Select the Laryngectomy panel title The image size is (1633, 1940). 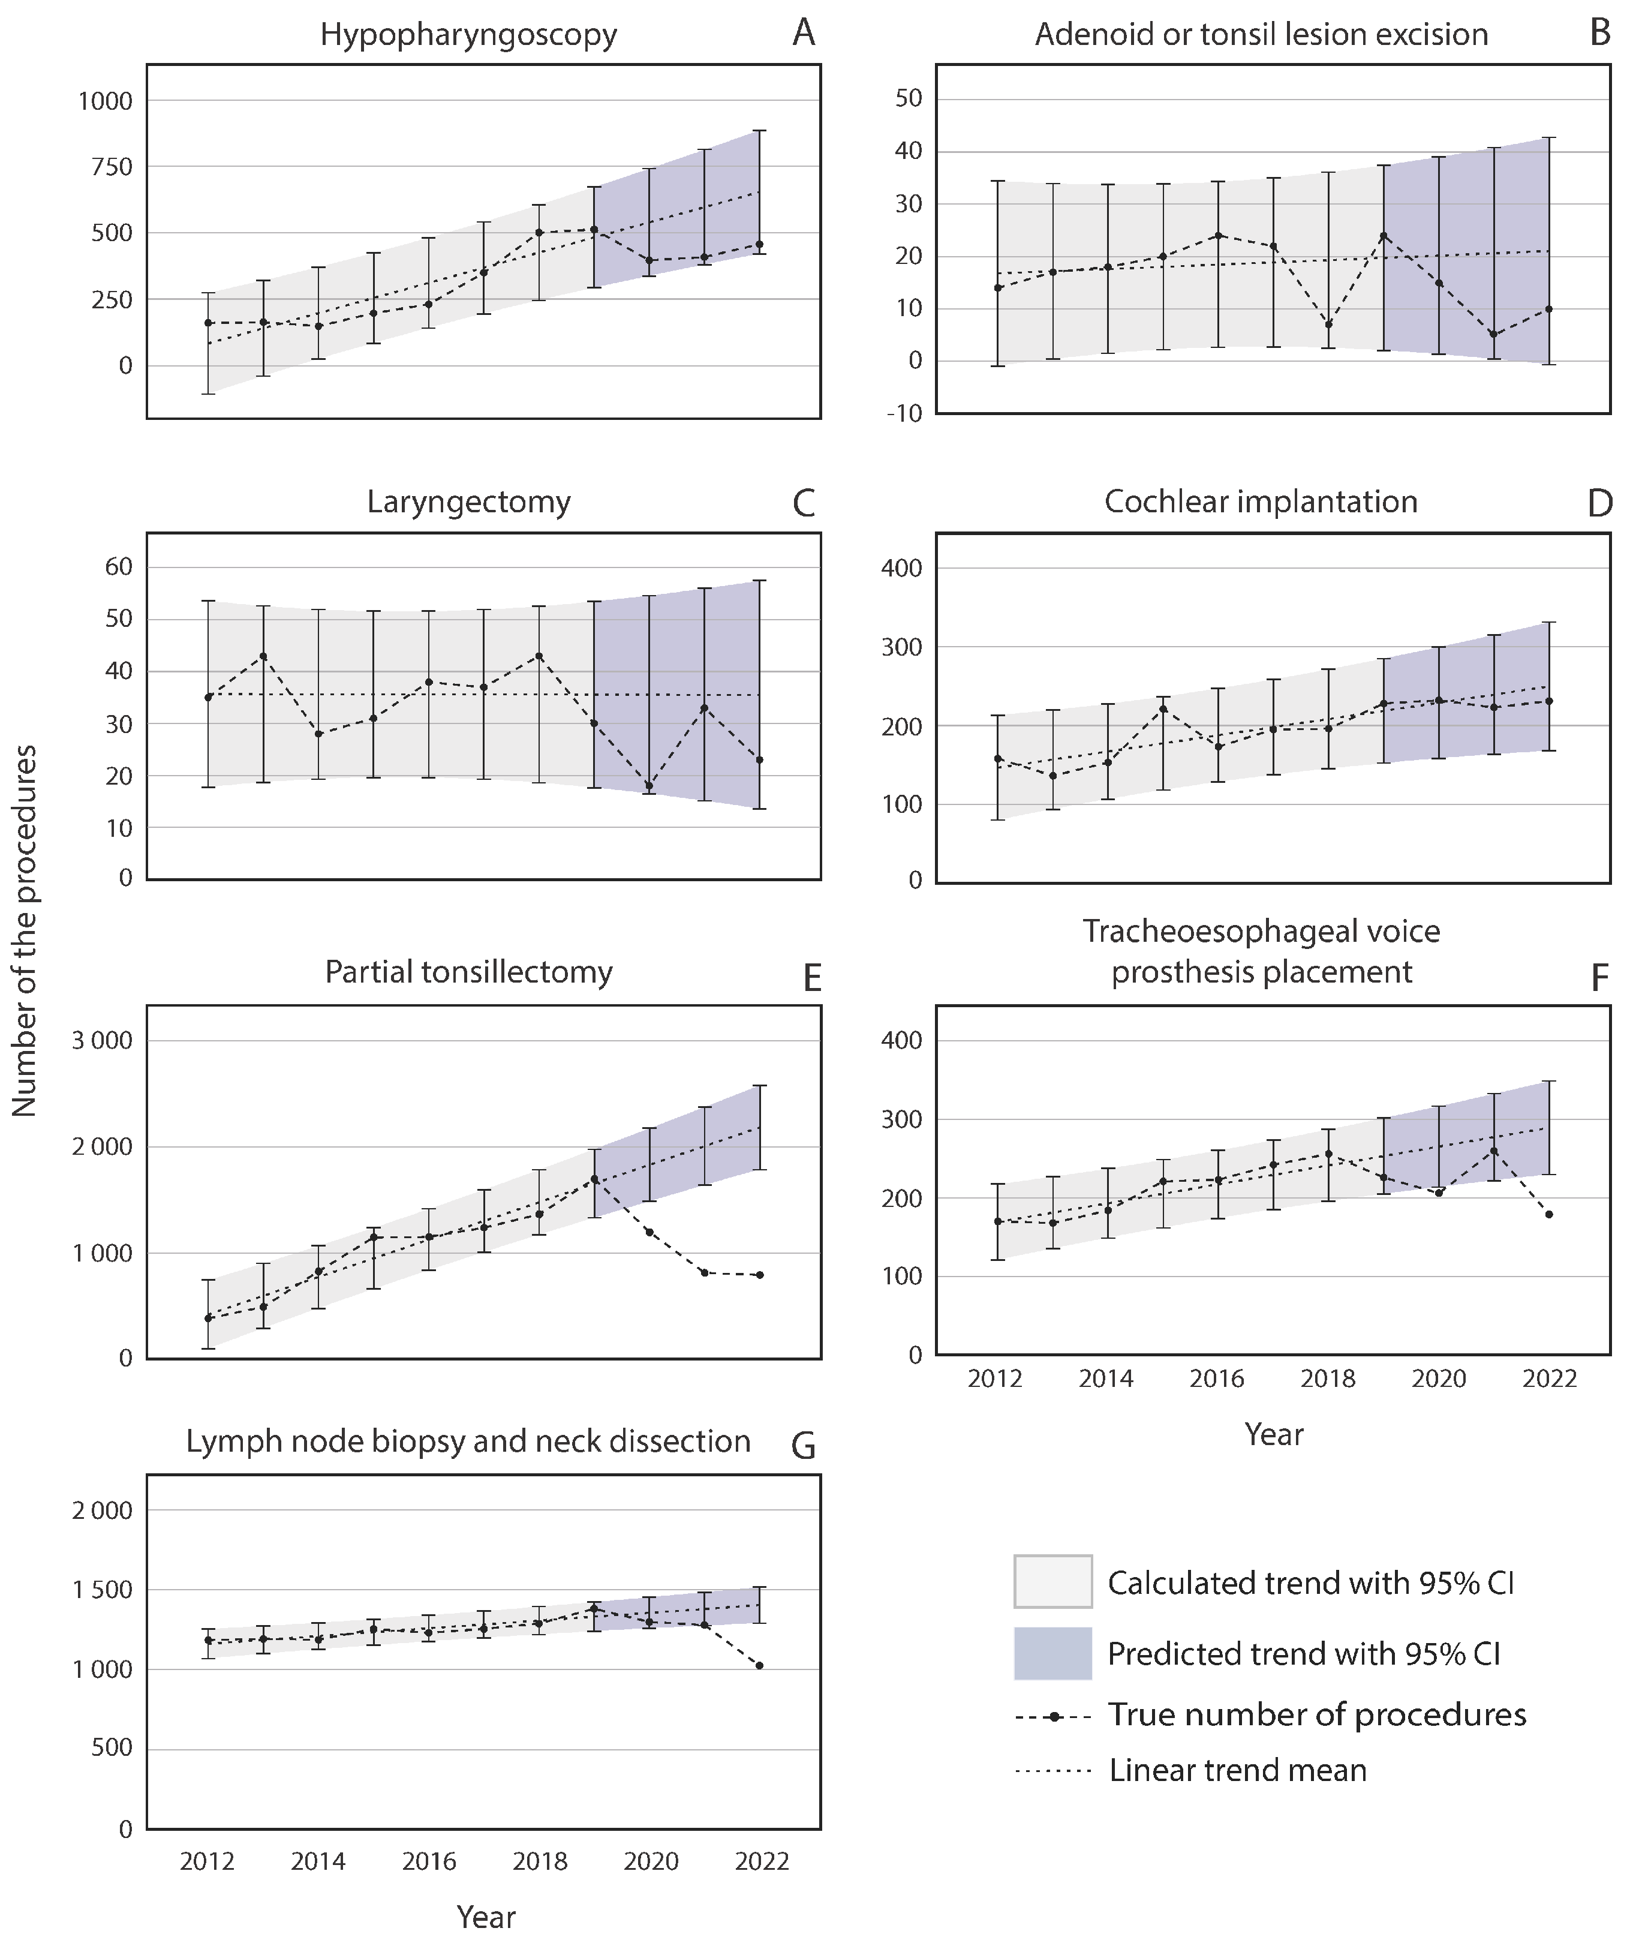468,502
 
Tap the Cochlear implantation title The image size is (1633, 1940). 1261,502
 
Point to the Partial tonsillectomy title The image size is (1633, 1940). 468,972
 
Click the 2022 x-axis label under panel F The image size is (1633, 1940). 1550,1379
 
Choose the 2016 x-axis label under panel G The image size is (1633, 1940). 429,1862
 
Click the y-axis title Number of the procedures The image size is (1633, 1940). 25,930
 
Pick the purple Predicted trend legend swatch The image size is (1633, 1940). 1052,1654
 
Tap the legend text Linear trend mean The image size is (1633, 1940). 1238,1771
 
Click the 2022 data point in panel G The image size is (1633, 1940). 760,1666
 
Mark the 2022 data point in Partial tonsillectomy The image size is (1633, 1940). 760,1275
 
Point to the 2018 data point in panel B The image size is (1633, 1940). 1328,324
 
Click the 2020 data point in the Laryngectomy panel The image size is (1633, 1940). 649,786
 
